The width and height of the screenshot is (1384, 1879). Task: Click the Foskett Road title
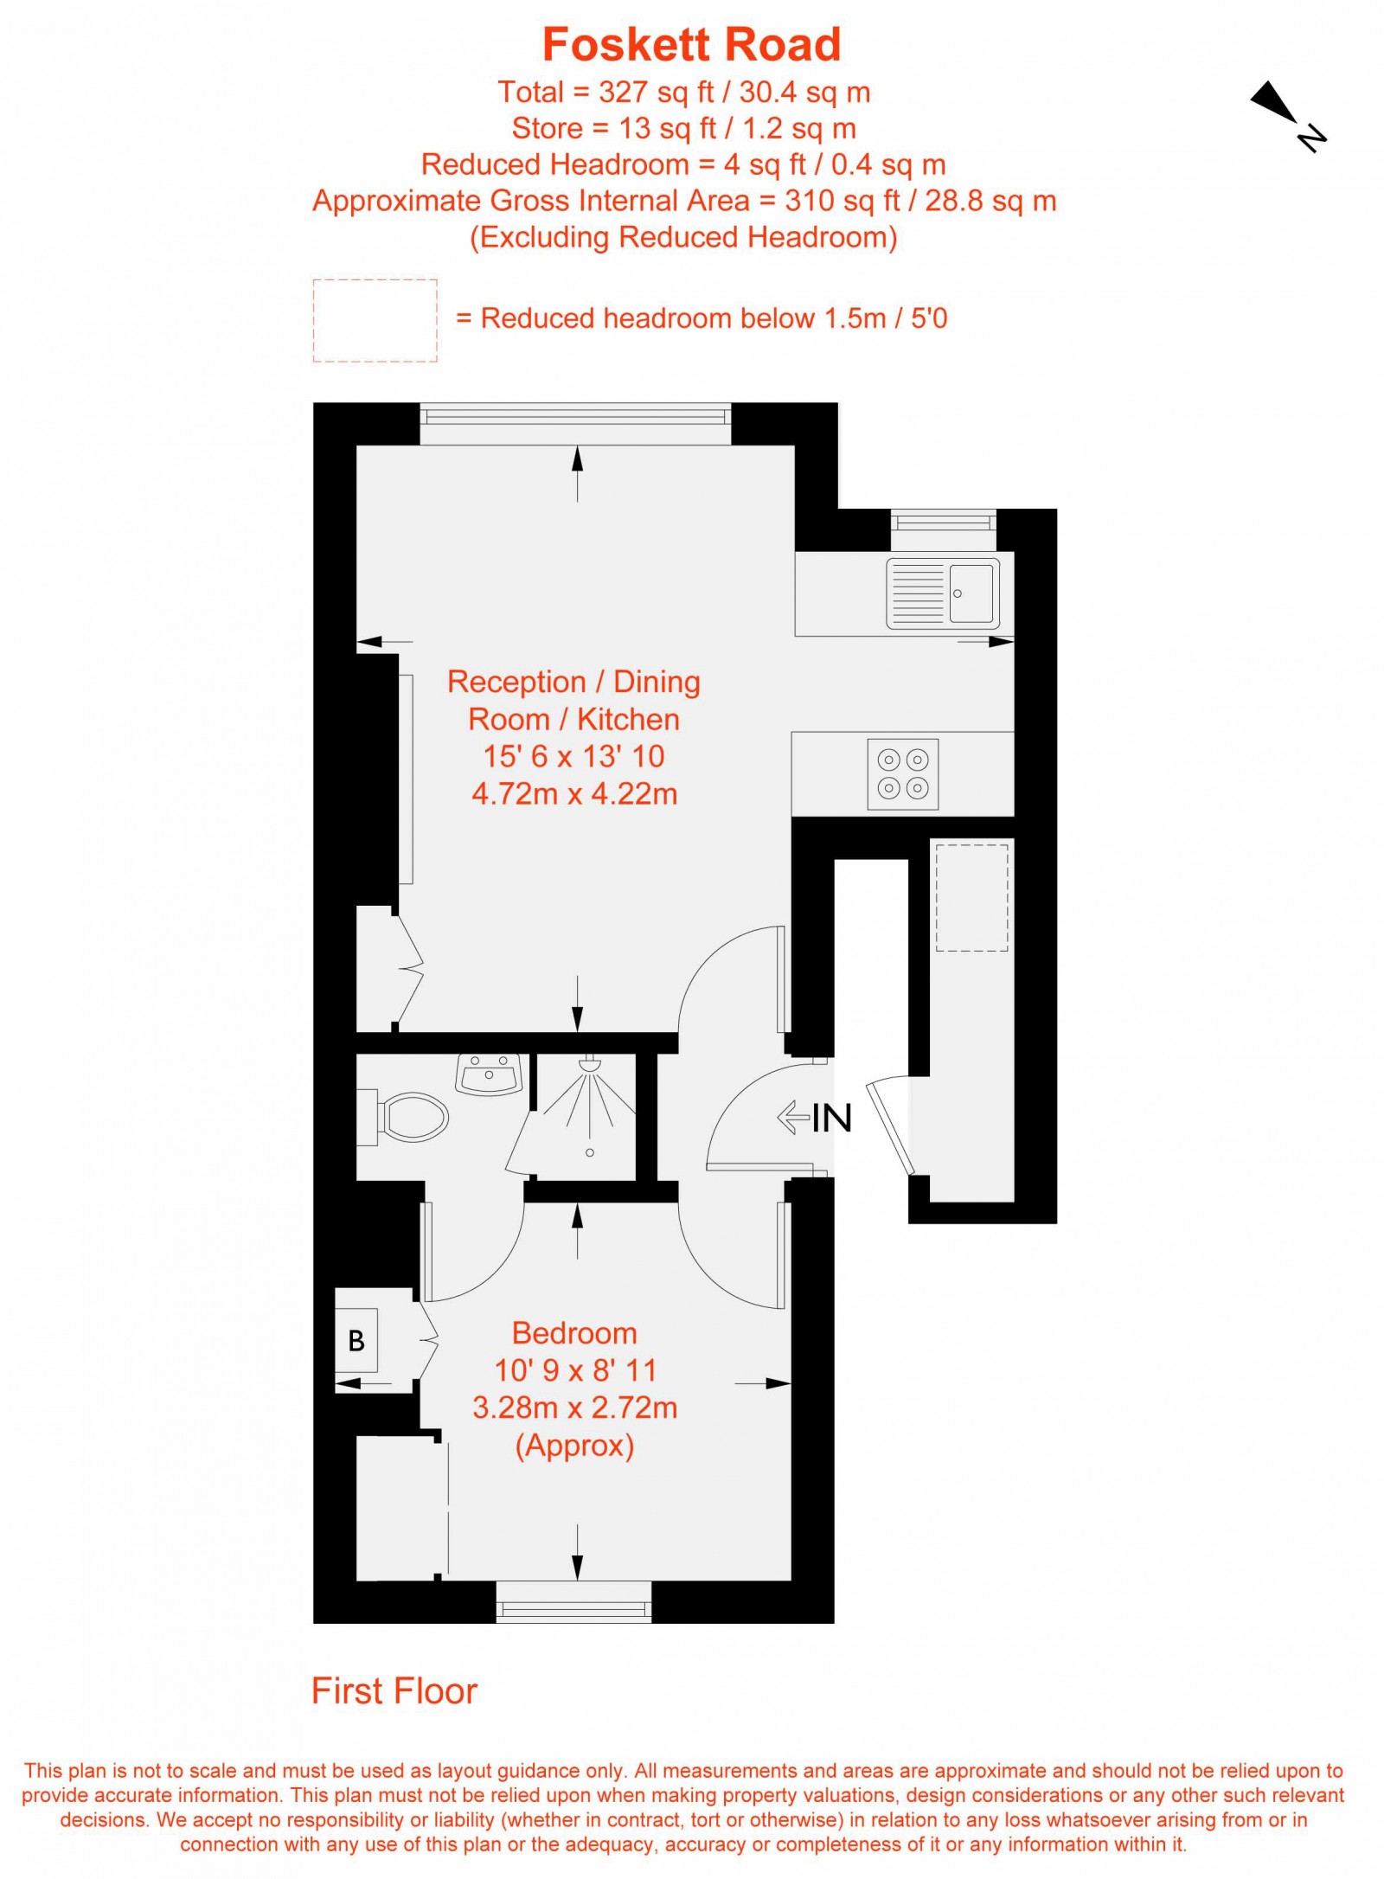tap(691, 45)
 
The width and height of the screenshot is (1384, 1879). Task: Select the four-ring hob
tap(903, 773)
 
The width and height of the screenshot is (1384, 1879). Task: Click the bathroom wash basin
tap(489, 1074)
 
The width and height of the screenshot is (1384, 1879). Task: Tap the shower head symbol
tap(590, 1065)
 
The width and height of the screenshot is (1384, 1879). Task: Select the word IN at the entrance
tap(832, 1118)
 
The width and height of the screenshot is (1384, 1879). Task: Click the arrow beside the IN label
tap(792, 1117)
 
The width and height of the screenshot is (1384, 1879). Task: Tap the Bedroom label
tap(574, 1333)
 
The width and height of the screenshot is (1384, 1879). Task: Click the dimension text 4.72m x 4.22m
tap(574, 794)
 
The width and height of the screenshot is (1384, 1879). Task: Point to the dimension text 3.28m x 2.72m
tap(574, 1408)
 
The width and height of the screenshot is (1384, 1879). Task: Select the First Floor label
tap(394, 1690)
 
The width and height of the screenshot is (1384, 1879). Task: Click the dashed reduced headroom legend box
tap(375, 320)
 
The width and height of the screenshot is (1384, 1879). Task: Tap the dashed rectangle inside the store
tap(972, 897)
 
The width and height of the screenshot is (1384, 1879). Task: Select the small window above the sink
tap(943, 522)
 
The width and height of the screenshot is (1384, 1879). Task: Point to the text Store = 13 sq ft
tap(683, 128)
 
